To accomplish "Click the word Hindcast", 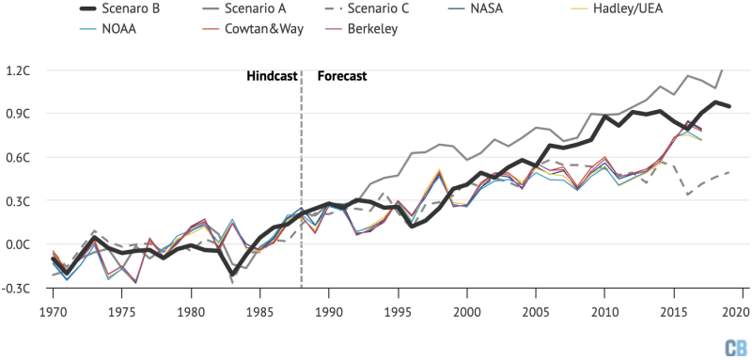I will (x=270, y=76).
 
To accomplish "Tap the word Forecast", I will (x=341, y=76).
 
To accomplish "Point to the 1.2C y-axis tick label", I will (x=18, y=70).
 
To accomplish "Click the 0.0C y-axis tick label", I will (x=18, y=244).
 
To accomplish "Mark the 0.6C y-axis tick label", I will (x=18, y=158).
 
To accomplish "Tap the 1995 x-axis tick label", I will (x=397, y=311).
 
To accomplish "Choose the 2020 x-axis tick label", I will (x=739, y=311).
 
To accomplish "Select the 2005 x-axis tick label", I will (x=534, y=311).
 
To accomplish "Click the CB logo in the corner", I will (x=734, y=346).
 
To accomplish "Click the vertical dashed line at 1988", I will (x=301, y=188).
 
